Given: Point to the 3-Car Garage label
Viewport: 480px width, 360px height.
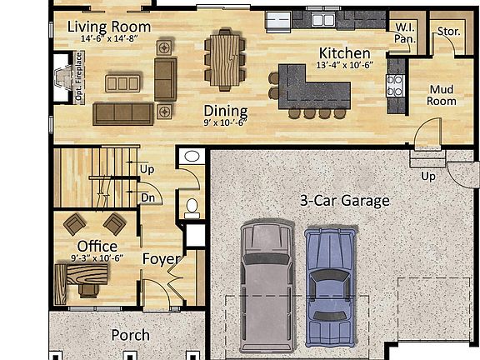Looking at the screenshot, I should [344, 200].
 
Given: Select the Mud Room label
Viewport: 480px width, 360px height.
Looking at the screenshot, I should [442, 95].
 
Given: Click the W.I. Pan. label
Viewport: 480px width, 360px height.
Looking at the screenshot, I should [405, 32].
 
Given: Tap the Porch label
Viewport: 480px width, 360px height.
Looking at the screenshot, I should [131, 335].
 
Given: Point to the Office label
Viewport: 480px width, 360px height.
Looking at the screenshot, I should [97, 246].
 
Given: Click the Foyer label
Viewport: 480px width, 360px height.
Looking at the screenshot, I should [162, 259].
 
